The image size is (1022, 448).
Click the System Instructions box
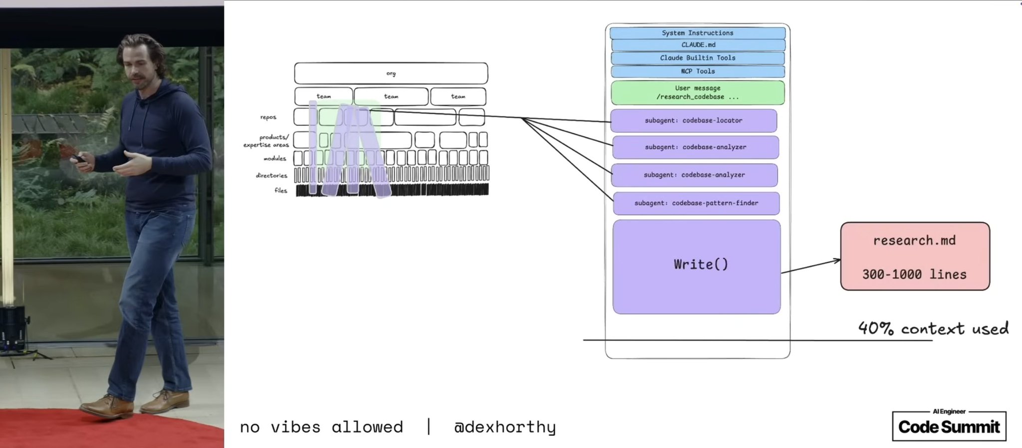point(697,33)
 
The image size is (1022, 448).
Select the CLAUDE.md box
point(698,45)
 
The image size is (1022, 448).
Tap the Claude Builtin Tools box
point(698,58)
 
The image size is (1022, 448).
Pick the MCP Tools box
point(698,71)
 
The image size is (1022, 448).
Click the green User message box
point(698,92)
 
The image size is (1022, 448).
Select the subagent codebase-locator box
point(694,120)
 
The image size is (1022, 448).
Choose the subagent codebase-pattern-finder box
point(696,203)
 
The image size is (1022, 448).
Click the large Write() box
point(697,267)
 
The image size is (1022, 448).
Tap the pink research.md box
point(915,256)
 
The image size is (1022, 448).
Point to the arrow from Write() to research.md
point(811,266)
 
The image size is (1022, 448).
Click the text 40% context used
point(933,328)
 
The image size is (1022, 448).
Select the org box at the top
point(391,73)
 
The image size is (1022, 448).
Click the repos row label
point(268,117)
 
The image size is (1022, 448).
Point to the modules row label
point(275,158)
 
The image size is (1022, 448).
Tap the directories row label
point(271,175)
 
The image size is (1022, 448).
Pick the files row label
point(281,190)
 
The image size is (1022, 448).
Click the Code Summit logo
point(949,426)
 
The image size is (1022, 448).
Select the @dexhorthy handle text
point(505,428)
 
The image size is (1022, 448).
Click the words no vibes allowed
point(321,427)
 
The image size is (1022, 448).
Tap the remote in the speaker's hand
point(77,158)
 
